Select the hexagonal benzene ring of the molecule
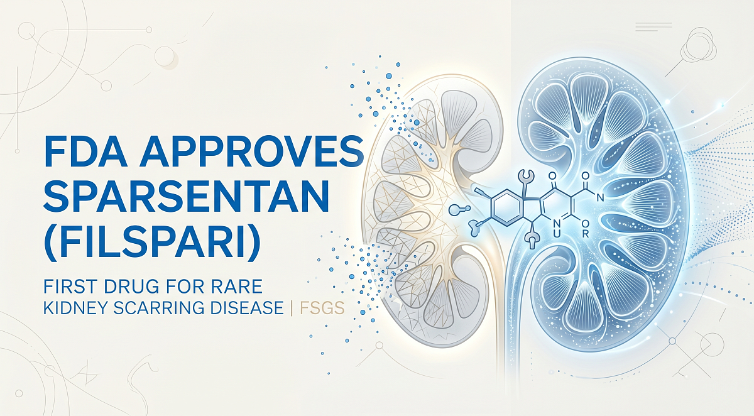507,207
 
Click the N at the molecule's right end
601,199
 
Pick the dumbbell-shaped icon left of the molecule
461,209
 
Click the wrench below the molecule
532,239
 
